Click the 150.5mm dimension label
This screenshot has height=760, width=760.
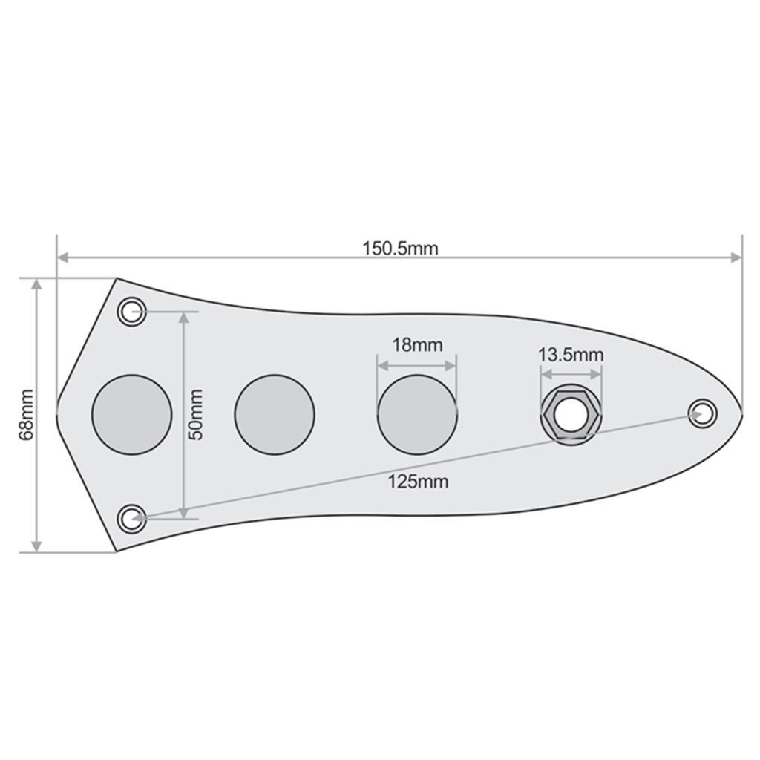(400, 248)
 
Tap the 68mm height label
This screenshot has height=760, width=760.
(27, 414)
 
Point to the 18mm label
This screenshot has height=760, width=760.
(416, 345)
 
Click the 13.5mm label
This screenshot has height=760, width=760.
(571, 355)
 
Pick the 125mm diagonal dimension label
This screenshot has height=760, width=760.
(418, 482)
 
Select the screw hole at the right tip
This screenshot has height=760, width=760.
(702, 413)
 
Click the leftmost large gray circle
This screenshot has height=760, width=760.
(132, 414)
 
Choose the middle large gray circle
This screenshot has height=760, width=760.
(275, 414)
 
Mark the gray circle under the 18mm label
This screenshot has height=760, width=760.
(417, 414)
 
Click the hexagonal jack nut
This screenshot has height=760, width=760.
(570, 416)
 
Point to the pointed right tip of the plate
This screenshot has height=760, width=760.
(741, 412)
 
